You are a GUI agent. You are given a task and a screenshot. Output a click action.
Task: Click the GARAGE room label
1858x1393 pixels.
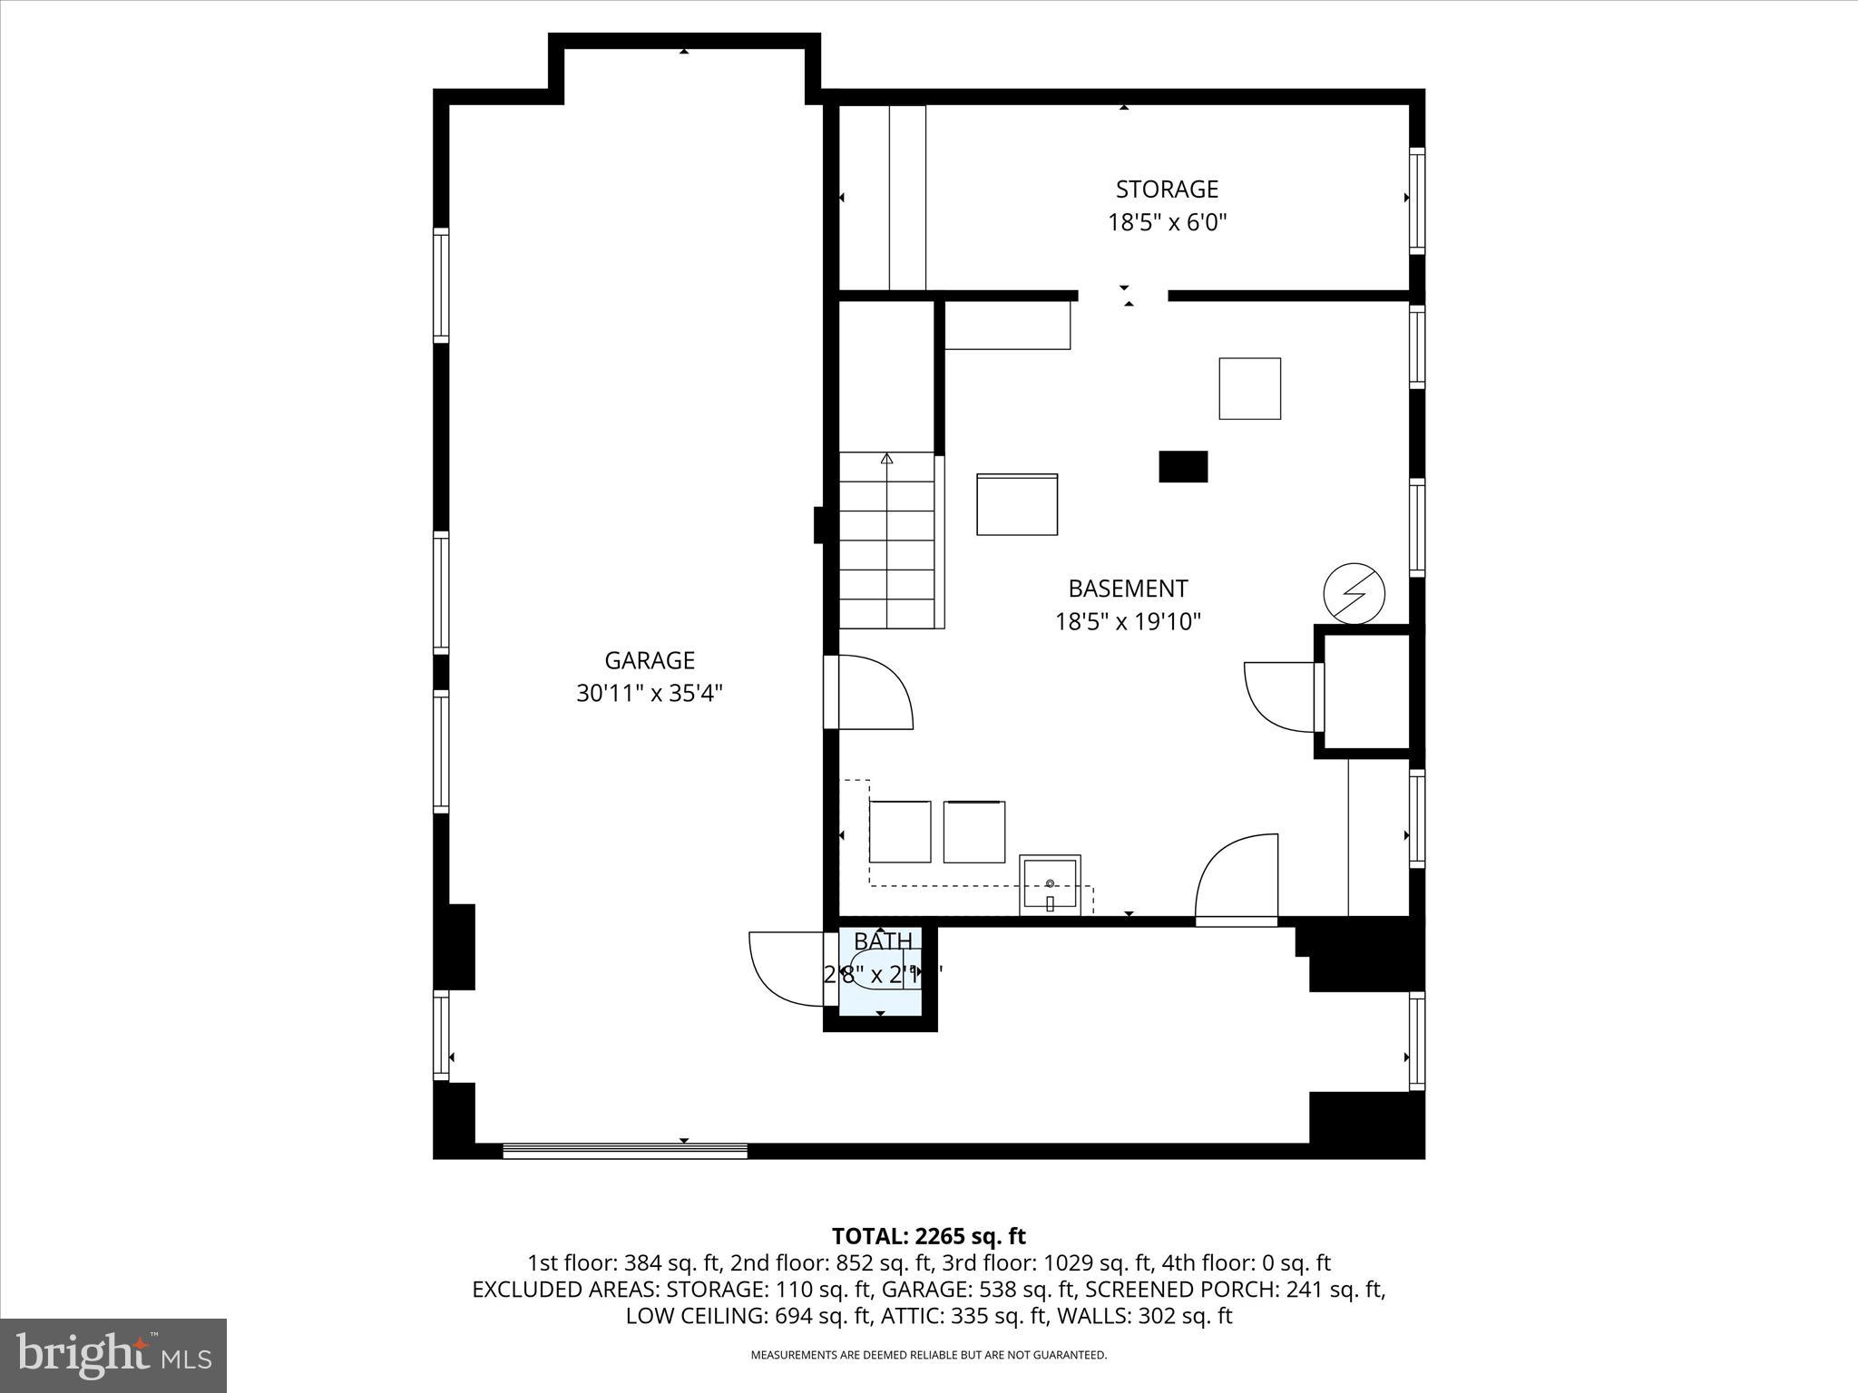click(650, 660)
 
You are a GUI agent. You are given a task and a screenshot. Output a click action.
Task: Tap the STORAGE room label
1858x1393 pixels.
click(1167, 190)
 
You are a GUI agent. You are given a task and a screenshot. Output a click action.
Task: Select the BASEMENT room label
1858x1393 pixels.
click(1128, 589)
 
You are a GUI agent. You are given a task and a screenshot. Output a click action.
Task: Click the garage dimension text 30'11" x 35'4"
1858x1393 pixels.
click(650, 694)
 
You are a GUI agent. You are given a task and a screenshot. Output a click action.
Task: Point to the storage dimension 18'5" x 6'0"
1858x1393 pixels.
click(1167, 223)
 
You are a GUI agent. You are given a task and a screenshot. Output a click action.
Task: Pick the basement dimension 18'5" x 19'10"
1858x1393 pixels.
click(1128, 622)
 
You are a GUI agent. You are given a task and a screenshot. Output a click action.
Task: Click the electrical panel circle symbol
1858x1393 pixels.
click(1354, 594)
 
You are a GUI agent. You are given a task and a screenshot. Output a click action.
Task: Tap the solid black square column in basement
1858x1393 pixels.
click(1183, 466)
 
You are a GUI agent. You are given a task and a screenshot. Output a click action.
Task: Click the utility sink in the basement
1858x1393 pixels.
click(1050, 884)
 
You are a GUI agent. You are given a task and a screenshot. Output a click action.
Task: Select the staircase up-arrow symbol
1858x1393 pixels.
click(886, 459)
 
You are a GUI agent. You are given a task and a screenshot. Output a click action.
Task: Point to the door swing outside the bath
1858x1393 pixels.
click(785, 969)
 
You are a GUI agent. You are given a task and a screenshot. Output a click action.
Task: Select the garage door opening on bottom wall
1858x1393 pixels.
click(624, 1151)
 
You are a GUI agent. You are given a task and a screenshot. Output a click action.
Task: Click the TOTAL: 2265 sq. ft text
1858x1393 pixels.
click(928, 1236)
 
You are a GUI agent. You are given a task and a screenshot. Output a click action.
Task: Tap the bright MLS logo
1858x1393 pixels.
click(113, 1356)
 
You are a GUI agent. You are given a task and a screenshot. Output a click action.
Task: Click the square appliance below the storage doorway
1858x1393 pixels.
click(1249, 388)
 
